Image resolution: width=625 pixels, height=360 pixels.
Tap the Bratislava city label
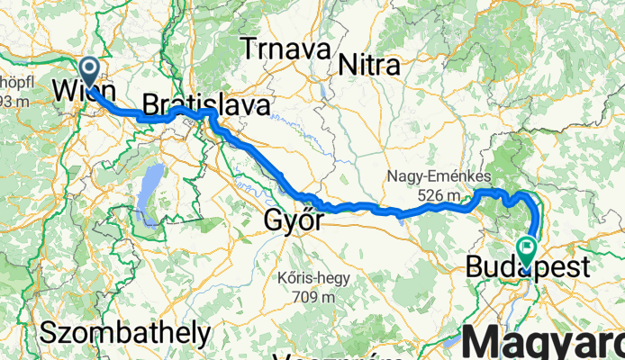(x=206, y=105)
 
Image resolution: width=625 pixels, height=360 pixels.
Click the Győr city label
(x=294, y=220)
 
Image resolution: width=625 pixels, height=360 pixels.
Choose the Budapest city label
(x=529, y=267)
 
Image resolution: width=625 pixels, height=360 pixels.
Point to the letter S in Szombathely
(x=48, y=333)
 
